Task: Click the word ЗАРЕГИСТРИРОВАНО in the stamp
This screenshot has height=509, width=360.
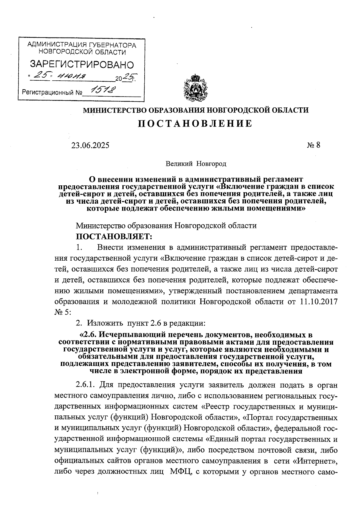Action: [82, 64]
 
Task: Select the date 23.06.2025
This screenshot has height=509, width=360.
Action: [90, 145]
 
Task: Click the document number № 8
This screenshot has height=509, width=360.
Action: [313, 145]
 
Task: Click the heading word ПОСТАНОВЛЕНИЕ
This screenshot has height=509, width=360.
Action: [195, 124]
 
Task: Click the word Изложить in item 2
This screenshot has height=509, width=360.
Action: [105, 323]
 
